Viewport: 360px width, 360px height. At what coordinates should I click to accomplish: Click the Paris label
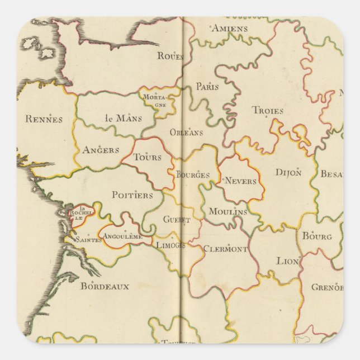point(207,87)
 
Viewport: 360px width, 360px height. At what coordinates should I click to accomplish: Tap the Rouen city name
point(170,55)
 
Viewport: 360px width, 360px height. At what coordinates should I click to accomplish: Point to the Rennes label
point(43,119)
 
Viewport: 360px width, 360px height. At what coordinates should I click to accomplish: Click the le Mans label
point(124,118)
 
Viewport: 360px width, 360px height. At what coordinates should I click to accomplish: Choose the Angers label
point(101,150)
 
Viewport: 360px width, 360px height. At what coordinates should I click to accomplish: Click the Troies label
point(268,111)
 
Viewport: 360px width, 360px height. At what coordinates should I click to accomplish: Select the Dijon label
point(288,172)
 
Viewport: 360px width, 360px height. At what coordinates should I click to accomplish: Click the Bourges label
point(193,175)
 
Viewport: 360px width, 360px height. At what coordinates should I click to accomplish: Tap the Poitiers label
point(132,195)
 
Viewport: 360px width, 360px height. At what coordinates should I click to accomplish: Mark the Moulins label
point(228,212)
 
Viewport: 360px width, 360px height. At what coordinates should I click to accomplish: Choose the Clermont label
point(225,249)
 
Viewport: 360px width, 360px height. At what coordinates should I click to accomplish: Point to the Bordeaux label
point(105,286)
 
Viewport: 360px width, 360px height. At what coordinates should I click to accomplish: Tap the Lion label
point(288,261)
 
